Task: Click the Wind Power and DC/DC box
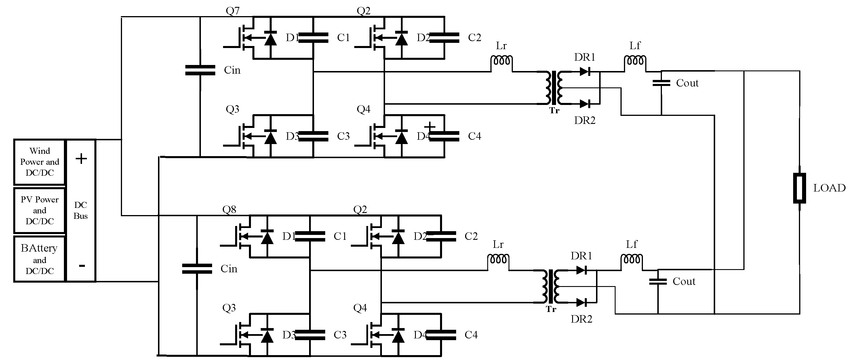(x=39, y=162)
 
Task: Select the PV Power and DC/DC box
(x=39, y=210)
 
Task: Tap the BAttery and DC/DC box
(x=39, y=259)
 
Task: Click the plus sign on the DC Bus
(x=81, y=159)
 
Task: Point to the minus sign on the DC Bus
(x=82, y=266)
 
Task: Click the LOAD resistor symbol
(x=799, y=188)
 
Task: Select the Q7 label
(x=233, y=11)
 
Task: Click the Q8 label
(x=229, y=210)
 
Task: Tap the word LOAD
(x=829, y=188)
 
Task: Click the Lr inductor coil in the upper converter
(x=502, y=61)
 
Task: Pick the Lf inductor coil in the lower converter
(x=632, y=259)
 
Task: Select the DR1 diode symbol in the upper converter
(x=585, y=71)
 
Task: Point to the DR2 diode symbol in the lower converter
(x=581, y=302)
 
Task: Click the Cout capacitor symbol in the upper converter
(x=661, y=83)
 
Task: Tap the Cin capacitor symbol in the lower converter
(x=197, y=269)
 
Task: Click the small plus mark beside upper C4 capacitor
(x=430, y=126)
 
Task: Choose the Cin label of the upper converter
(x=232, y=70)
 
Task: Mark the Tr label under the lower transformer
(x=551, y=309)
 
